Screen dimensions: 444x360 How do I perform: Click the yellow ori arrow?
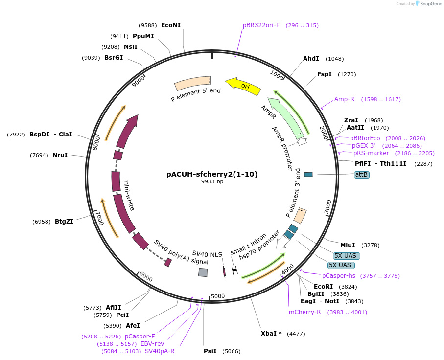coord(243,86)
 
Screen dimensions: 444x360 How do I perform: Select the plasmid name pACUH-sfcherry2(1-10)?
coord(212,174)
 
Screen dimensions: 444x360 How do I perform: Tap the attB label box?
coord(362,174)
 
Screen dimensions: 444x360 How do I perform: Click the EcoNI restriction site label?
coord(171,25)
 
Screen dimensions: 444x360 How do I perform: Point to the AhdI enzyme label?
coord(311,59)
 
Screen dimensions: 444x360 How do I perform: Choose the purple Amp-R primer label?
coord(344,99)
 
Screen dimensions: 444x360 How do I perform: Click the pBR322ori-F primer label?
coord(261,25)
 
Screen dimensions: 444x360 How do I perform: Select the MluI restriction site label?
coord(348,245)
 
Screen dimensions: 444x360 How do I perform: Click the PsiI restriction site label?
coord(210,351)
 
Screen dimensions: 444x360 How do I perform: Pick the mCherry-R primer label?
coord(304,312)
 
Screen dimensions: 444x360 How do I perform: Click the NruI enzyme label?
coord(60,155)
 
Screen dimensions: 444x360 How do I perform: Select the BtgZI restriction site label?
coord(64,222)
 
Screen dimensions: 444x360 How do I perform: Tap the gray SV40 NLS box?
coord(203,272)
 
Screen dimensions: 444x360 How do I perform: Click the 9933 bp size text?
coord(212,181)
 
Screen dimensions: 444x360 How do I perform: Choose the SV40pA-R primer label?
coord(160,351)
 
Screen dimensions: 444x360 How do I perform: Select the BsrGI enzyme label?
coord(114,58)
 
